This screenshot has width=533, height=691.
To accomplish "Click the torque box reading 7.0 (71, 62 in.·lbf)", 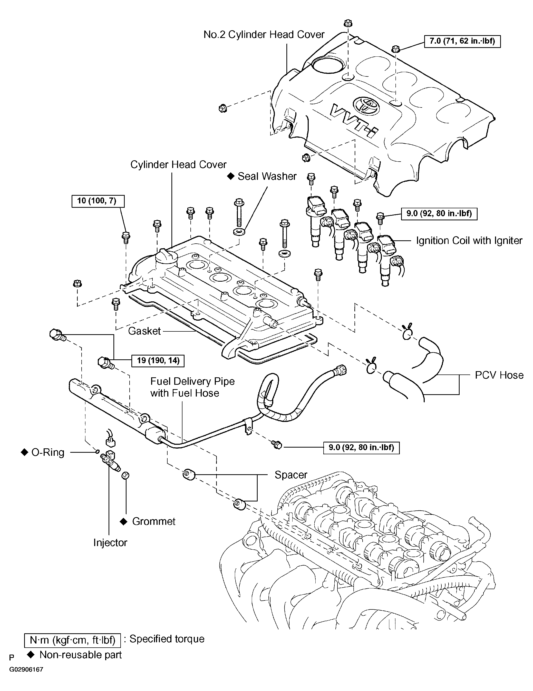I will tap(462, 41).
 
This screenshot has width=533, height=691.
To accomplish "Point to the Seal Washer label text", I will tap(267, 176).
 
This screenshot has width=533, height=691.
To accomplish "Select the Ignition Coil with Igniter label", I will tap(469, 241).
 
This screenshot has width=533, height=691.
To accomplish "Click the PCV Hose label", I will tap(499, 375).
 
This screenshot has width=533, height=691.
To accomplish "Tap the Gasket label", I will tap(144, 331).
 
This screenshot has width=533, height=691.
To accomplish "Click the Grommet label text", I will tap(153, 521).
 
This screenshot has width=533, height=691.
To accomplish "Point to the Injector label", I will tap(110, 542).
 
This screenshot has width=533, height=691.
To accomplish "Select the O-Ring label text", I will tap(48, 452).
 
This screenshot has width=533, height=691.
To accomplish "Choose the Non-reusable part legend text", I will tap(80, 655).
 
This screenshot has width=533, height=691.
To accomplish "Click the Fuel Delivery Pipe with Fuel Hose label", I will tap(192, 387).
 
